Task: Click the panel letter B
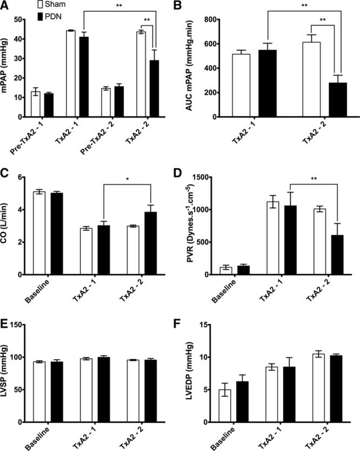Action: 191,6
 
